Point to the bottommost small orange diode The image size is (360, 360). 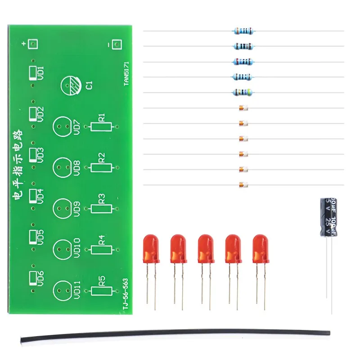[x=243, y=185]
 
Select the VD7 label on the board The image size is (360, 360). [x=76, y=127]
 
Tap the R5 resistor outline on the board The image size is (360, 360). [x=101, y=290]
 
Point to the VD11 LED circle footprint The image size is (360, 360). [x=63, y=290]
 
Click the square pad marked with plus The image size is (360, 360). [x=32, y=44]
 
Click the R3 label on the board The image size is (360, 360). [x=101, y=198]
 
